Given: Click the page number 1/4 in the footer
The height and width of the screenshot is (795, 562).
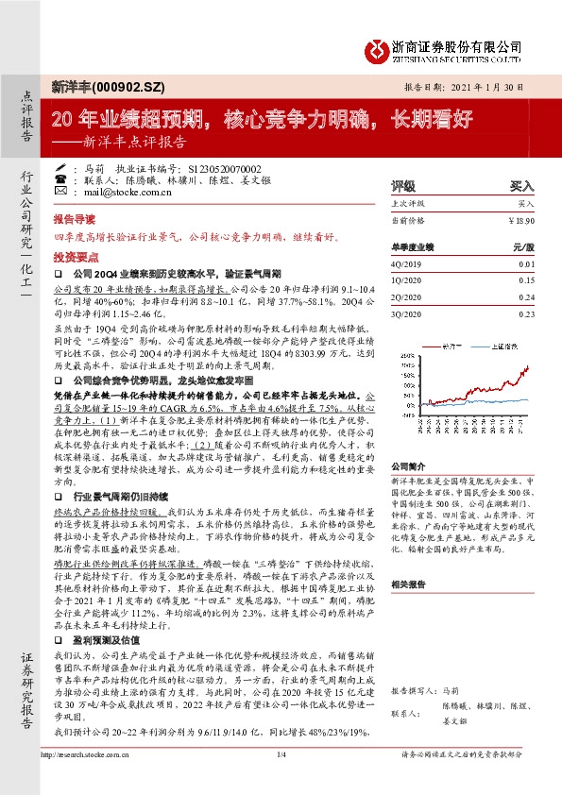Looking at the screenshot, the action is [x=281, y=780].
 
